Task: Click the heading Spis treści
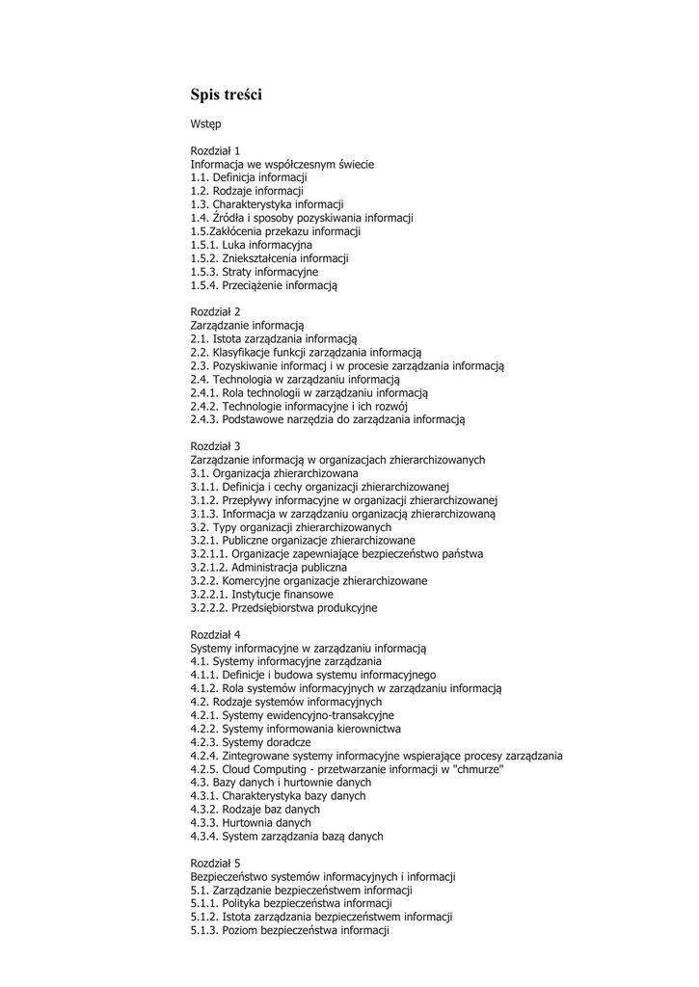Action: [x=226, y=94]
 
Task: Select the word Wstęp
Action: [x=205, y=124]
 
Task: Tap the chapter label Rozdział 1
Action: [x=216, y=151]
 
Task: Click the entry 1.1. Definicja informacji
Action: [x=249, y=178]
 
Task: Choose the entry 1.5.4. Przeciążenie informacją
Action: [x=264, y=285]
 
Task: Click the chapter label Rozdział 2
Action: [x=216, y=312]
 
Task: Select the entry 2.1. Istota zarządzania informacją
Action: [x=274, y=339]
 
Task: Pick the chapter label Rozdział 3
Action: [x=216, y=446]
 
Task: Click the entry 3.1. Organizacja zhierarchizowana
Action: [x=275, y=473]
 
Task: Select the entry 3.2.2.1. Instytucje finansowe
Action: [x=262, y=595]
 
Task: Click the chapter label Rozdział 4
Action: [x=216, y=634]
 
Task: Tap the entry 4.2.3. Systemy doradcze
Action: [x=251, y=742]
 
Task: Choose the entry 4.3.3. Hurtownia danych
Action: [x=251, y=823]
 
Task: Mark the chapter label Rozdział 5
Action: [x=216, y=863]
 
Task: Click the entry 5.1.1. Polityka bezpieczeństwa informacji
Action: [x=291, y=903]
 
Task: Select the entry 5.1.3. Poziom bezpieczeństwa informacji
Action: [x=289, y=930]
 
